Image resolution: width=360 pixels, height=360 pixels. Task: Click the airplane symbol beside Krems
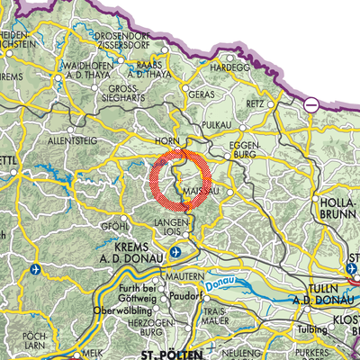[175, 251]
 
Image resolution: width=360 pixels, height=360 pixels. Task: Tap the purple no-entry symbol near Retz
[310, 104]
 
